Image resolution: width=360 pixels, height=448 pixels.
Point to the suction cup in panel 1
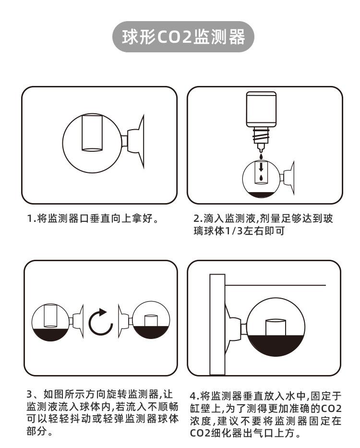[x=139, y=142]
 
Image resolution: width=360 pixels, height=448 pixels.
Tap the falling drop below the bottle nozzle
[x=260, y=155]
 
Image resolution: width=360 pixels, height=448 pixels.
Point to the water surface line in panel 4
[x=276, y=286]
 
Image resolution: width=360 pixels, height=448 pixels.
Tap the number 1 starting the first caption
[x=29, y=219]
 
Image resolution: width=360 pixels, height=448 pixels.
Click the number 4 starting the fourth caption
[x=193, y=396]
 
